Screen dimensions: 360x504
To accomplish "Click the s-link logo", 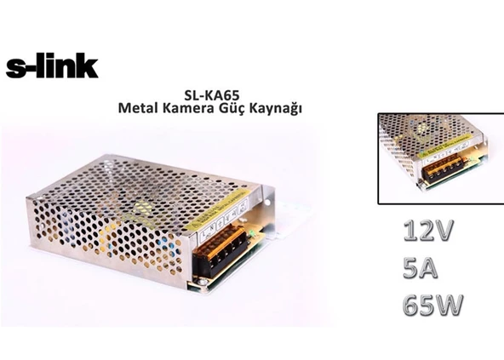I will pyautogui.click(x=52, y=66).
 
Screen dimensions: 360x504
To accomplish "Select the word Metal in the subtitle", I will pyautogui.click(x=140, y=110).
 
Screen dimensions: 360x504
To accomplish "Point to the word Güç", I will pyautogui.click(x=238, y=110).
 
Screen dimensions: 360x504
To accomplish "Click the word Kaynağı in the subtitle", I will pyautogui.click(x=280, y=110).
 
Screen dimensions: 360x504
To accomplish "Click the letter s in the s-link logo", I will pyautogui.click(x=15, y=68).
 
